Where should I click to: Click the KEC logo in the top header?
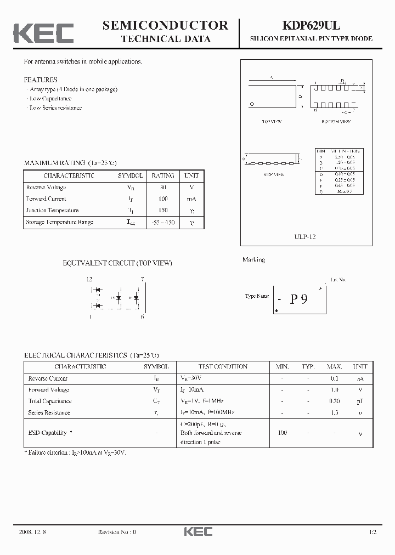click(x=43, y=32)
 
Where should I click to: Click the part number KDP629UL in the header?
click(x=311, y=25)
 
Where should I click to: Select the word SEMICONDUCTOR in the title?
click(x=165, y=25)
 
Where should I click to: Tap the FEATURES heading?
click(x=41, y=80)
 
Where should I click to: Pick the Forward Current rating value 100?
click(x=162, y=199)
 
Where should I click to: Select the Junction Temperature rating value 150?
click(x=162, y=210)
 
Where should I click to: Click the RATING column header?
click(x=162, y=175)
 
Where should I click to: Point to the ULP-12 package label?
click(x=306, y=237)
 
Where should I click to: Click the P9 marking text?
click(x=299, y=299)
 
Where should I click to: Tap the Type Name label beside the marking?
click(x=257, y=296)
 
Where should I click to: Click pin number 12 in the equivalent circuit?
click(x=89, y=279)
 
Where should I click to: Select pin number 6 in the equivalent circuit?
click(x=142, y=316)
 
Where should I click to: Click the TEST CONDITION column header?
click(x=223, y=366)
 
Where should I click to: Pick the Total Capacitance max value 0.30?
click(x=334, y=401)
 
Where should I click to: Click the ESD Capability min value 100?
click(x=283, y=433)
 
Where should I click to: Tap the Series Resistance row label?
click(x=49, y=412)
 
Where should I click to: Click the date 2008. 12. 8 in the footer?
click(x=32, y=532)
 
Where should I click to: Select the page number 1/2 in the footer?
click(x=374, y=532)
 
